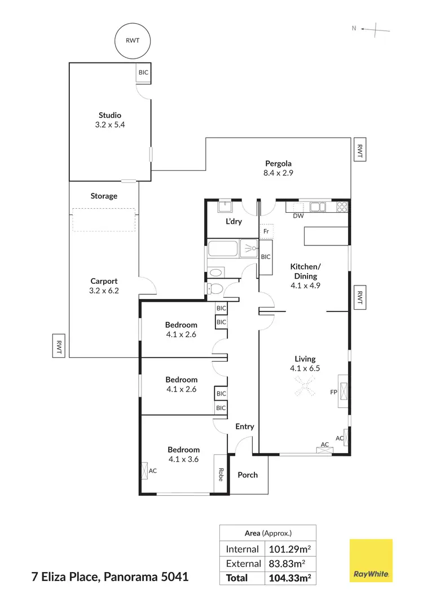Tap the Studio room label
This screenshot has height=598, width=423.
(x=109, y=115)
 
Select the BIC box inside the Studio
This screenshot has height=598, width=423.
(x=144, y=73)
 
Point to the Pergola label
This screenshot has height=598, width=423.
(x=278, y=164)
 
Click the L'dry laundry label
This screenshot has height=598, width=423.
(x=233, y=221)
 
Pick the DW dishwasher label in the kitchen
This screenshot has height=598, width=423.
(x=298, y=216)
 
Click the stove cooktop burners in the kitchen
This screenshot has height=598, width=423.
(x=342, y=206)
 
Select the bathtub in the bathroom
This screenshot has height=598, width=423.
(x=223, y=249)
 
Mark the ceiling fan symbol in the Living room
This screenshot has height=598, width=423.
(x=305, y=387)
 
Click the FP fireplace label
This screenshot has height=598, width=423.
(x=333, y=391)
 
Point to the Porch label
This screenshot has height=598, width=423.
(x=247, y=475)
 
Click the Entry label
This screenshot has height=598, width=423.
(x=245, y=426)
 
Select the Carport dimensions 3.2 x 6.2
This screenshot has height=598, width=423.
(x=104, y=291)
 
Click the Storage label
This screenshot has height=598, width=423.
(x=104, y=196)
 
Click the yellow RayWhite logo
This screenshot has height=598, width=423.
(x=371, y=560)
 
